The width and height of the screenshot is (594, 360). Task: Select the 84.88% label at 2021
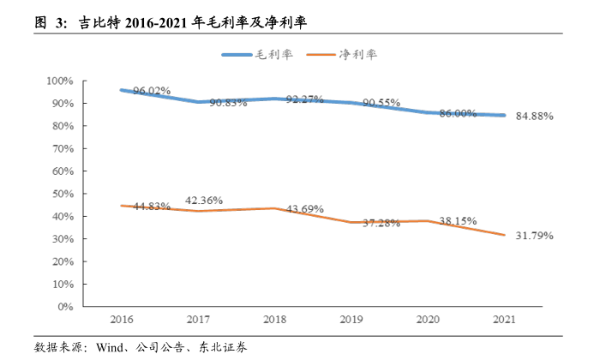tap(534, 116)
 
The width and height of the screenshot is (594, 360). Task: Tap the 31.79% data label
tap(534, 235)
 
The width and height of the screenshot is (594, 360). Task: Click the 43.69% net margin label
tap(304, 209)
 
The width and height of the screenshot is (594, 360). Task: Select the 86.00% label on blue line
tap(457, 112)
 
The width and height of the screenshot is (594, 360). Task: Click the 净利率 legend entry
tap(358, 54)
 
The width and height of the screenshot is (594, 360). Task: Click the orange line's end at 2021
tap(505, 235)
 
